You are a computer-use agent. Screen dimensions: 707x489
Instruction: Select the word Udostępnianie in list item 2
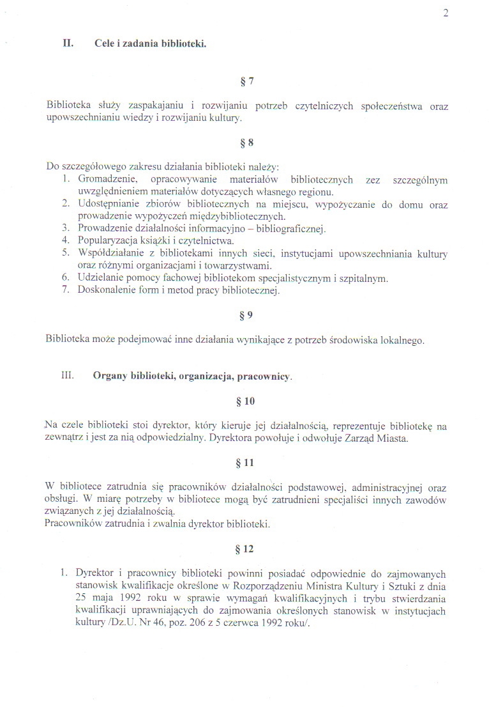109,205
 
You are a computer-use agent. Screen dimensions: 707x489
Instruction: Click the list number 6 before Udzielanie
65,278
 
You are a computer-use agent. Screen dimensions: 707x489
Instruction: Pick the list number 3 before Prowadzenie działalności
65,229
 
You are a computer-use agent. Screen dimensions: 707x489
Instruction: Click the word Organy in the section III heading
110,377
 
